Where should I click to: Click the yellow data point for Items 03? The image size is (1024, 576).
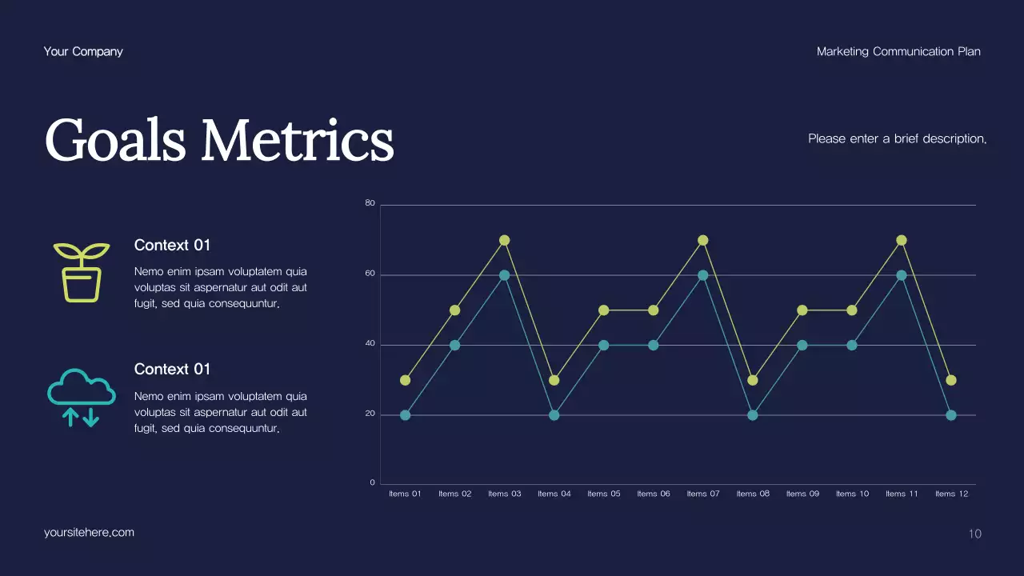(x=505, y=240)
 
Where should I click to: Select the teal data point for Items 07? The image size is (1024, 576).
(x=703, y=275)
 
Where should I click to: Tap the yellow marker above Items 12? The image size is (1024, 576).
(x=951, y=380)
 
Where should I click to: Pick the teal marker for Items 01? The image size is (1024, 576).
(x=406, y=415)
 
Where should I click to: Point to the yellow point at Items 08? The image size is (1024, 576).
(x=753, y=380)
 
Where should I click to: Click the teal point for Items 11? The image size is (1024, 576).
(x=902, y=275)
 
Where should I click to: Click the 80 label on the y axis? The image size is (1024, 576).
(x=370, y=203)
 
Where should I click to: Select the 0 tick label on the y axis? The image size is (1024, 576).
(x=372, y=482)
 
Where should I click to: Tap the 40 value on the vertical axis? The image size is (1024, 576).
(x=370, y=344)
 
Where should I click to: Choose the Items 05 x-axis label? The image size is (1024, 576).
(x=604, y=494)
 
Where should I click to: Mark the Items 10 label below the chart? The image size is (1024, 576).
(x=852, y=494)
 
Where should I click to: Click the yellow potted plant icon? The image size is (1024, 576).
(x=82, y=272)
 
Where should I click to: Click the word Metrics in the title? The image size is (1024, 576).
(x=297, y=141)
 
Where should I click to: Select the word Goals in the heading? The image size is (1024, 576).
(x=116, y=141)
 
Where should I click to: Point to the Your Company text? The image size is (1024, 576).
(x=83, y=51)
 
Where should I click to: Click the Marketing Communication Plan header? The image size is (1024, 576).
(x=898, y=51)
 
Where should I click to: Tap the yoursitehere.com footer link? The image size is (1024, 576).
(x=89, y=532)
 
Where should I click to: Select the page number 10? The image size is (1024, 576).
(x=974, y=534)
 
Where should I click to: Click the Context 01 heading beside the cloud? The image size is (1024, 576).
(x=172, y=369)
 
